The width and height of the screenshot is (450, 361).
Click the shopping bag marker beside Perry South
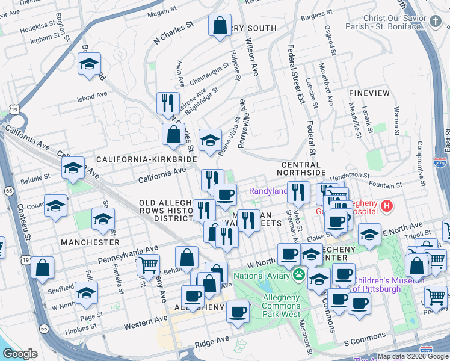pyautogui.click(x=220, y=26)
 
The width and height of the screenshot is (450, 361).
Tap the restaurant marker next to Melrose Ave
pyautogui.click(x=168, y=103)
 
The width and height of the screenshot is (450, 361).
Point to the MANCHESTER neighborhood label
pyautogui.click(x=90, y=242)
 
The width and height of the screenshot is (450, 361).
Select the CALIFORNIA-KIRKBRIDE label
pyautogui.click(x=147, y=158)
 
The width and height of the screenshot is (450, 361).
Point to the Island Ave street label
pyautogui.click(x=91, y=96)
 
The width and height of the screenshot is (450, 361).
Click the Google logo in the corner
pyautogui.click(x=20, y=354)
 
